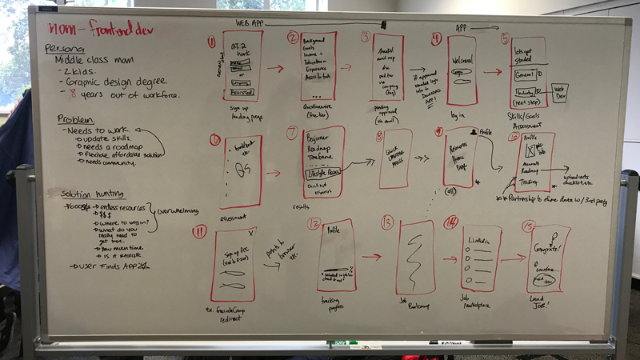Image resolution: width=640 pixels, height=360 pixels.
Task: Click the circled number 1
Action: tap(211, 42)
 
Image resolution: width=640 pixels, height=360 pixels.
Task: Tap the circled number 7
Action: tap(292, 134)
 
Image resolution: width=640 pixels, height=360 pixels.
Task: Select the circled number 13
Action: tap(387, 222)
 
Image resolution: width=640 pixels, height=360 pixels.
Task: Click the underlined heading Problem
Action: tap(75, 119)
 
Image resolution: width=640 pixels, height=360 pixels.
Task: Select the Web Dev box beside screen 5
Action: tap(560, 92)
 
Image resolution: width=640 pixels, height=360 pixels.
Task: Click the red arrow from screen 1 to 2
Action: tap(274, 70)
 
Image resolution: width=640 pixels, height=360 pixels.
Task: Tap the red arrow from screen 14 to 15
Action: tap(513, 258)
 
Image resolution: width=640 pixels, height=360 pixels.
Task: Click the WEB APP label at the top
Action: tap(250, 22)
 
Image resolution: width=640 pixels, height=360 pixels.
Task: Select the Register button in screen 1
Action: tap(241, 93)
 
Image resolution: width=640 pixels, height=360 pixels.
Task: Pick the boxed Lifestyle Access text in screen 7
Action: tap(322, 170)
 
